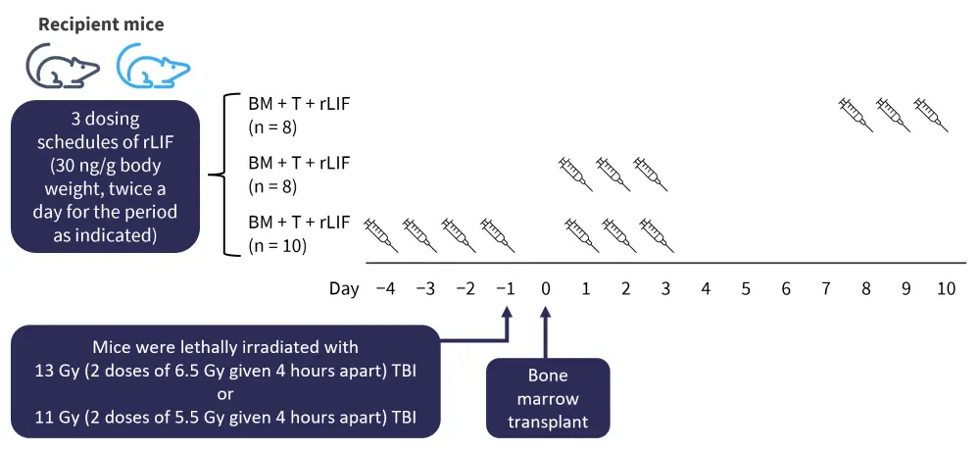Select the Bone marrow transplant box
point(548,397)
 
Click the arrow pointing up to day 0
point(546,332)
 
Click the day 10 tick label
point(946,290)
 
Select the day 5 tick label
point(746,290)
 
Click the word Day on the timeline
point(343,290)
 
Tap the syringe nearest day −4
point(380,233)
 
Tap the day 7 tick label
point(826,290)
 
